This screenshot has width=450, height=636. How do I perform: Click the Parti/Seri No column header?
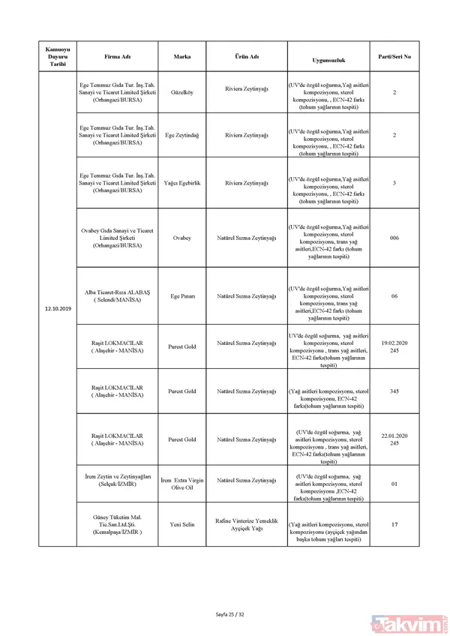pos(394,56)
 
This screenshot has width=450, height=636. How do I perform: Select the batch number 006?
pos(394,237)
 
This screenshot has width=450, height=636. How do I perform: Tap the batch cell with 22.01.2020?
pos(394,439)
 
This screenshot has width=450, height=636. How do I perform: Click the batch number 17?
pos(394,524)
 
